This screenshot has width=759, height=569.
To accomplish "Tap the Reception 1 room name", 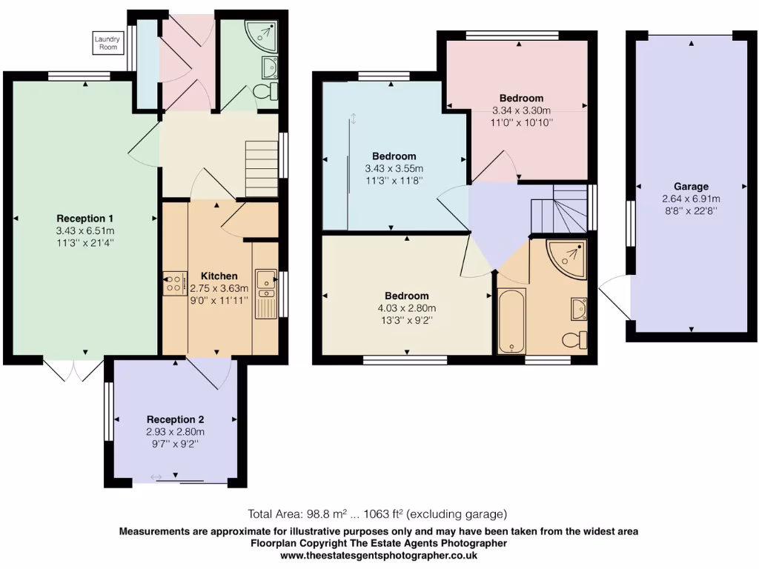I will coord(85,219).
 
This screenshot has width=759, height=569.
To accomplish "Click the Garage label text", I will coord(691,187).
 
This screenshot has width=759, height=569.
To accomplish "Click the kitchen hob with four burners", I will coord(175,283).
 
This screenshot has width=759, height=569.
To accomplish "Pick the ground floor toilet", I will coord(265,92).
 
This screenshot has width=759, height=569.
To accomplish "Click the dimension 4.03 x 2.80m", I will coord(407,308).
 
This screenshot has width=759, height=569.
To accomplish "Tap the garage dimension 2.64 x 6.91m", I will coord(691,199).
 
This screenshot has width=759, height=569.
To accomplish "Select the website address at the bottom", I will coord(379,555).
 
